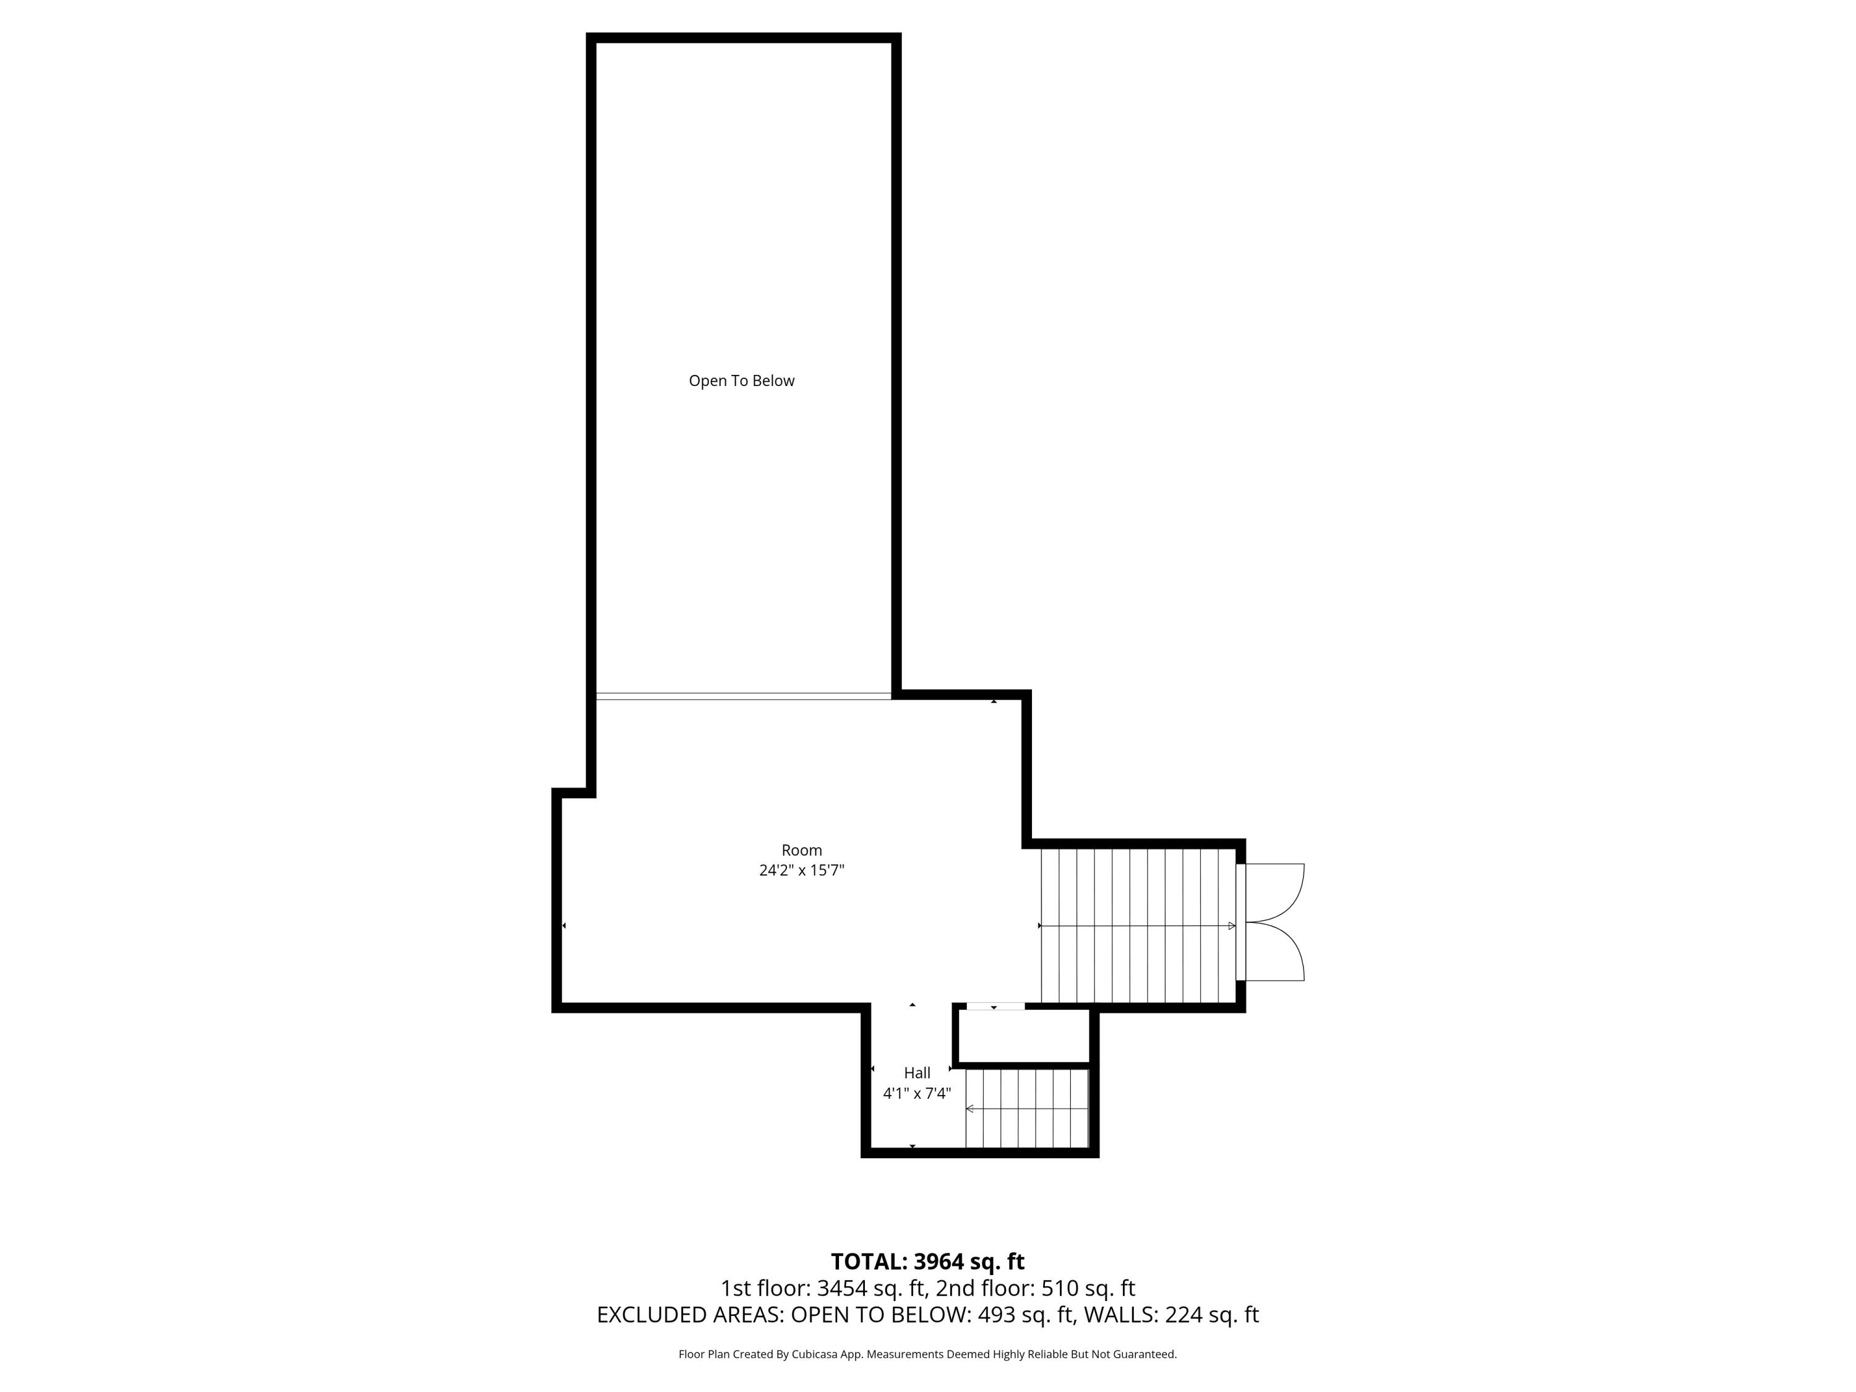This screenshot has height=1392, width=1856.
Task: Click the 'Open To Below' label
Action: (x=741, y=381)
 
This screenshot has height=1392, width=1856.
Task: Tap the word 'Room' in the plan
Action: (x=801, y=850)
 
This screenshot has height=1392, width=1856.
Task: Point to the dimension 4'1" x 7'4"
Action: (x=917, y=1093)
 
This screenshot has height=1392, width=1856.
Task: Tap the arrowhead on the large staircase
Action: (x=1232, y=926)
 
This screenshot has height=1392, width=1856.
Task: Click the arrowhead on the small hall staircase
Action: (x=970, y=1109)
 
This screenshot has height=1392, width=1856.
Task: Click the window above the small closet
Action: (x=995, y=1006)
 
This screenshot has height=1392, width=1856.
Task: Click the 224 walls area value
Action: (x=1182, y=1315)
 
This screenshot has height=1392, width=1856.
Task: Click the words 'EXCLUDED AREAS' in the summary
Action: (x=688, y=1315)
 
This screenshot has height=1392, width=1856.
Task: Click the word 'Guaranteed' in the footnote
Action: (x=1145, y=1354)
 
